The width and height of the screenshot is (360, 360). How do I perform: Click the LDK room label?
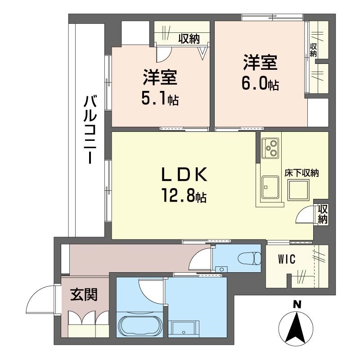coord(185,174)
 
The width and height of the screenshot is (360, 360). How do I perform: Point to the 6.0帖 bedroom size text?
coord(260,84)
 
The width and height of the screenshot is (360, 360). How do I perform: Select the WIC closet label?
coord(287,259)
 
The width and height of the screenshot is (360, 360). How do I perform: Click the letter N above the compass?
coord(297,305)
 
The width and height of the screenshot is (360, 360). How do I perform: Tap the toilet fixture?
coord(250,259)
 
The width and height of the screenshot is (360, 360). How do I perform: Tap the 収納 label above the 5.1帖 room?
coord(188,39)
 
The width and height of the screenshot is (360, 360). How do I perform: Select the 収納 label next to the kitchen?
coord(323,214)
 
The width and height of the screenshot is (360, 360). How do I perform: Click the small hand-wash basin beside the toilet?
coord(221,269)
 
